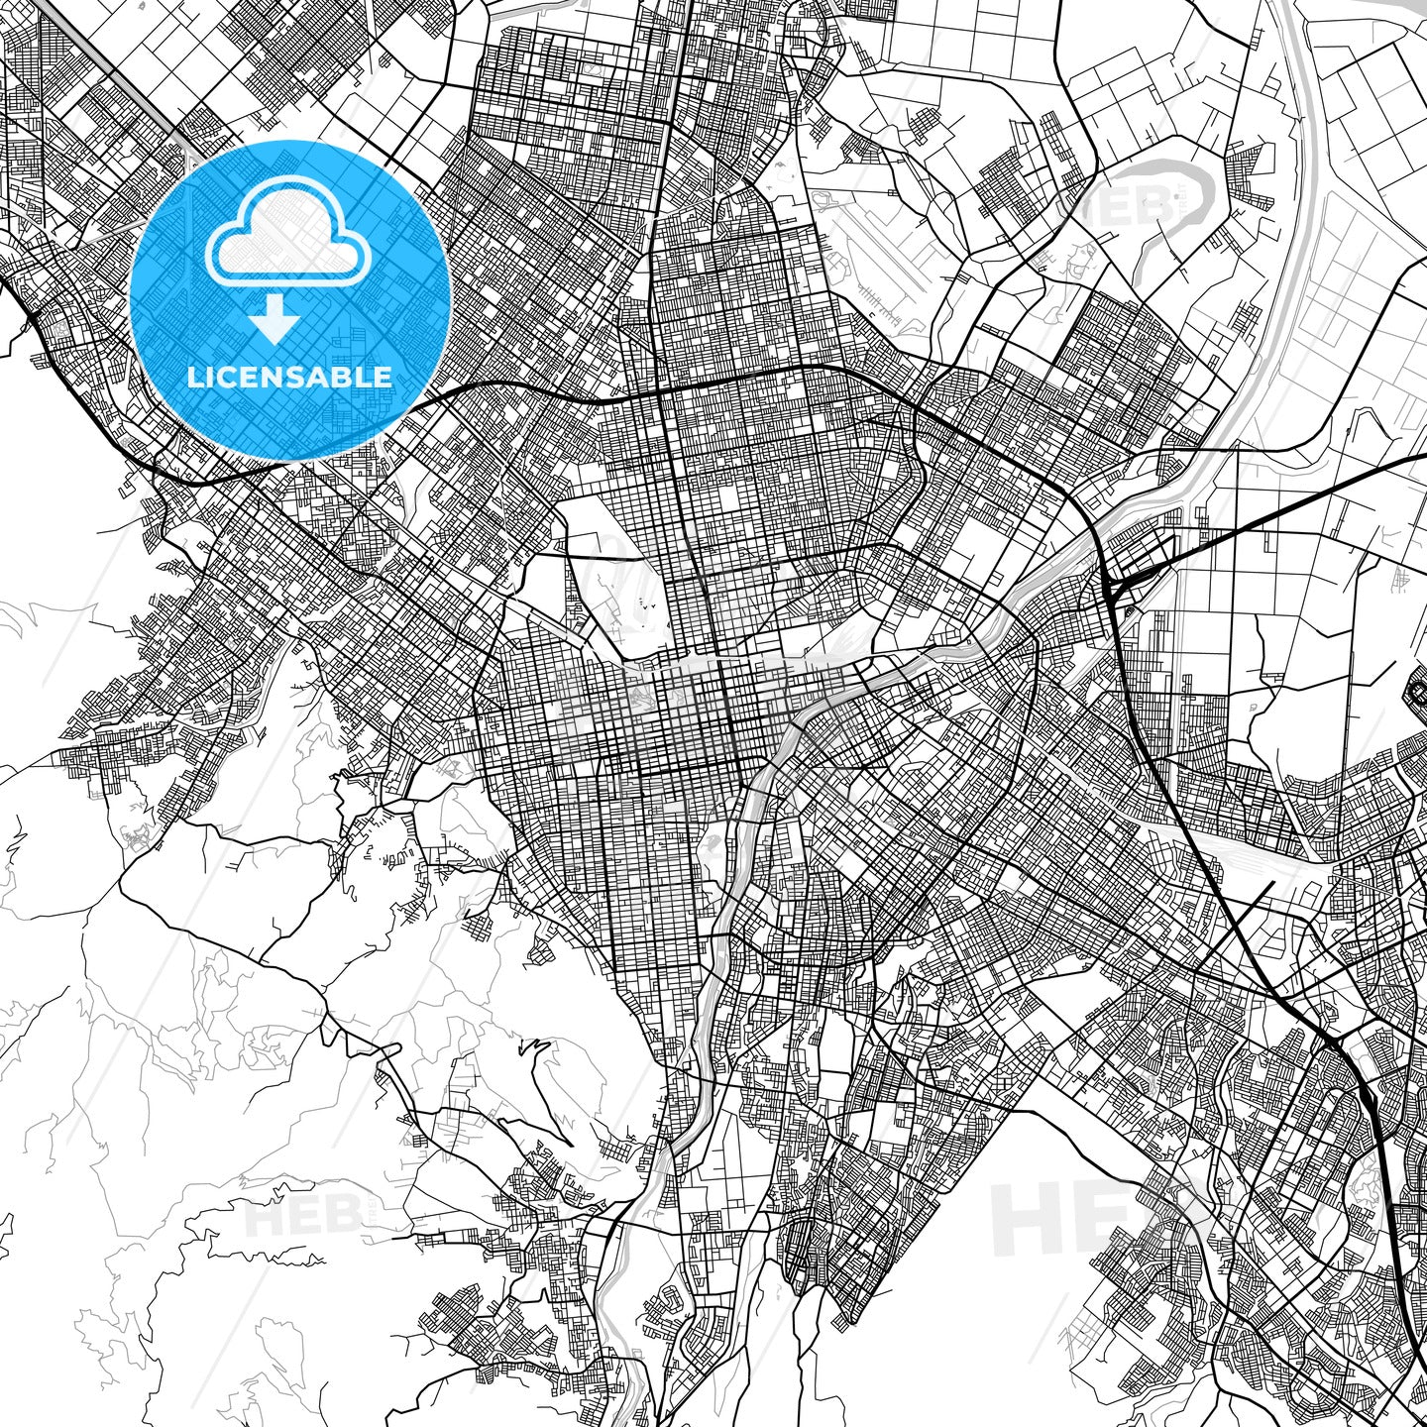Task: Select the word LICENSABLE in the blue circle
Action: pos(289,378)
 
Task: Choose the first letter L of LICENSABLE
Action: pos(195,378)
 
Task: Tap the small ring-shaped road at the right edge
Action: pos(1417,689)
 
